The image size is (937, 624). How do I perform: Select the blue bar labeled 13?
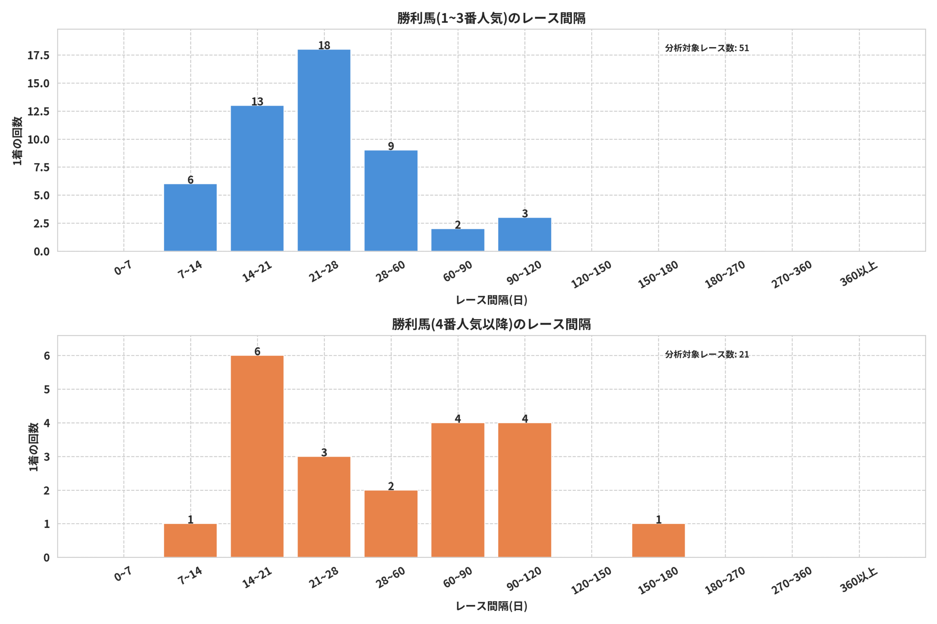[257, 178]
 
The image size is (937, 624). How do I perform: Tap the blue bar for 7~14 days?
[190, 217]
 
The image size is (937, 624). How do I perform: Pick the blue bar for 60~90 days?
[458, 240]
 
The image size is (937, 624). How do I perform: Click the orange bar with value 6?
[257, 456]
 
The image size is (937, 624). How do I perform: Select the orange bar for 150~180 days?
[658, 540]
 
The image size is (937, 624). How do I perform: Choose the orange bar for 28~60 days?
[391, 524]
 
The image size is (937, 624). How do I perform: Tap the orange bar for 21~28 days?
[324, 507]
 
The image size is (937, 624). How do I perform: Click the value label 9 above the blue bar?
[391, 146]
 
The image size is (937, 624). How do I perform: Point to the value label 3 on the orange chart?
[324, 453]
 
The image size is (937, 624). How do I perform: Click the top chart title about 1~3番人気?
[491, 18]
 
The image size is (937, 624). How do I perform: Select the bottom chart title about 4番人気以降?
[491, 324]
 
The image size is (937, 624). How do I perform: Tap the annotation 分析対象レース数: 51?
[707, 48]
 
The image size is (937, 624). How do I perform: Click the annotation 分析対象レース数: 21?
[707, 354]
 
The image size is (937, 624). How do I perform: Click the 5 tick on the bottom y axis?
[47, 389]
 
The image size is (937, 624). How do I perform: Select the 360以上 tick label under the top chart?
[859, 274]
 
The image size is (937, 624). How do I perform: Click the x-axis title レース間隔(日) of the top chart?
[491, 300]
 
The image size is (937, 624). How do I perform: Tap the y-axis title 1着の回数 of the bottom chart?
[34, 447]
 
